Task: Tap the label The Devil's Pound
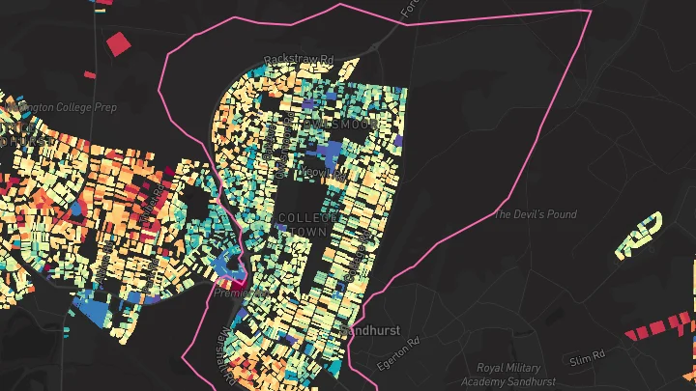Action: [535, 214]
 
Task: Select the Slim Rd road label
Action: [586, 359]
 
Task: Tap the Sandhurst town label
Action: [368, 330]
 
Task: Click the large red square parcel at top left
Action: [118, 43]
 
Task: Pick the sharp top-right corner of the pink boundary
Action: [588, 12]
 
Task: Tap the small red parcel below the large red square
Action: [90, 74]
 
